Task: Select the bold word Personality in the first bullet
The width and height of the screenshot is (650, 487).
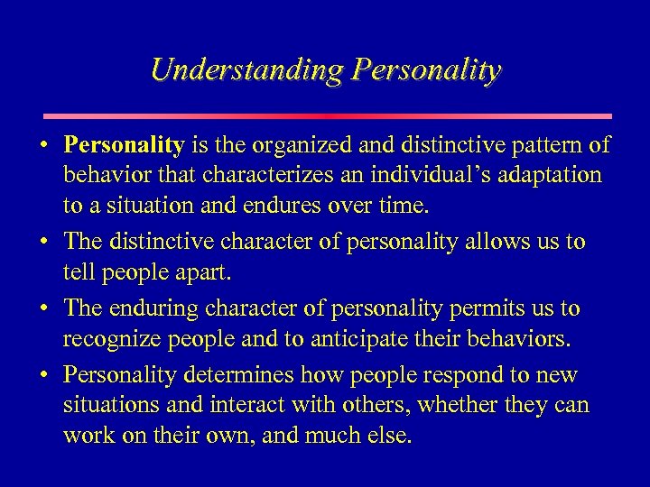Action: tap(123, 145)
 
